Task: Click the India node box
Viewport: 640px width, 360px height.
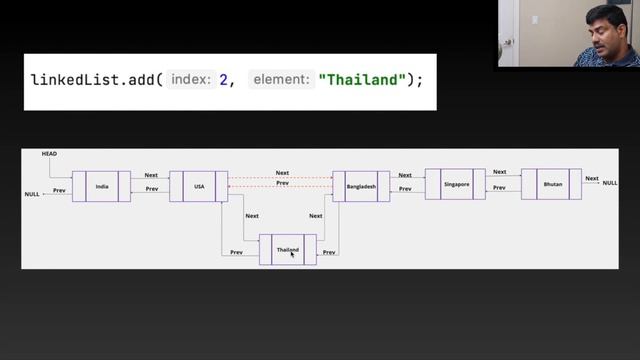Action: [101, 186]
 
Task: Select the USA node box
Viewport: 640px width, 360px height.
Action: [198, 186]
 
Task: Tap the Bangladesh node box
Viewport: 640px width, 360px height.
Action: [361, 186]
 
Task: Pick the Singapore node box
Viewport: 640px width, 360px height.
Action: [454, 184]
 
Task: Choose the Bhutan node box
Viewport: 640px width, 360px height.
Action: [551, 184]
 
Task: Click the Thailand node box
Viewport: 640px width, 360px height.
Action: [287, 249]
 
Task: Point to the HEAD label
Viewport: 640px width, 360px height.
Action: [49, 154]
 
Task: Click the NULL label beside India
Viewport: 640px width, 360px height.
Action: [32, 195]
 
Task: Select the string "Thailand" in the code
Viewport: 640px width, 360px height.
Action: [360, 78]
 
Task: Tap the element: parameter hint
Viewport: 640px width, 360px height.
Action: [284, 78]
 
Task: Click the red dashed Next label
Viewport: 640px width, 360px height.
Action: [282, 173]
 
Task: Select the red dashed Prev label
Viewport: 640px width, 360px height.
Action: [282, 183]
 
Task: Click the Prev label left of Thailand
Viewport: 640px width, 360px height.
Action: [236, 253]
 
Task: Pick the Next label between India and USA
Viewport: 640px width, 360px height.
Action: [151, 175]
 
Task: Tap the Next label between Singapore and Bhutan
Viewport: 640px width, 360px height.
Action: [499, 172]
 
